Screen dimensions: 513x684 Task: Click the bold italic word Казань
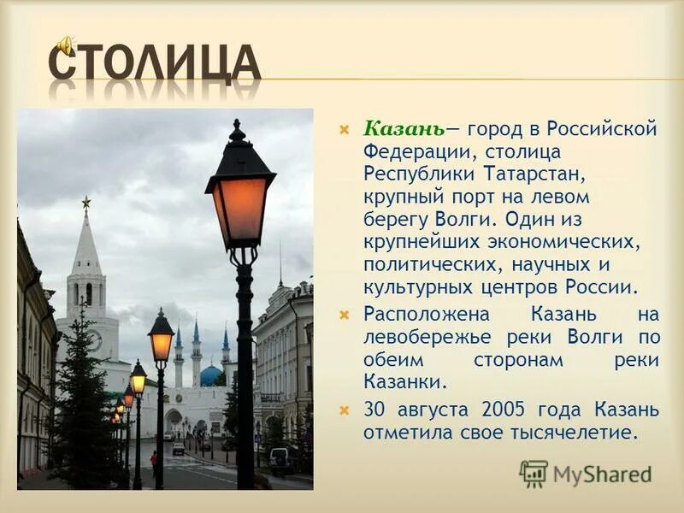click(403, 130)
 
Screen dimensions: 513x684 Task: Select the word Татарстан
click(534, 174)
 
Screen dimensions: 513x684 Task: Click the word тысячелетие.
click(566, 433)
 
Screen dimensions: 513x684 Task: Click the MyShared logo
click(586, 472)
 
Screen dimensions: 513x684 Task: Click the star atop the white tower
click(86, 202)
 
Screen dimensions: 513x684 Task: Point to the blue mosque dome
click(211, 376)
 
